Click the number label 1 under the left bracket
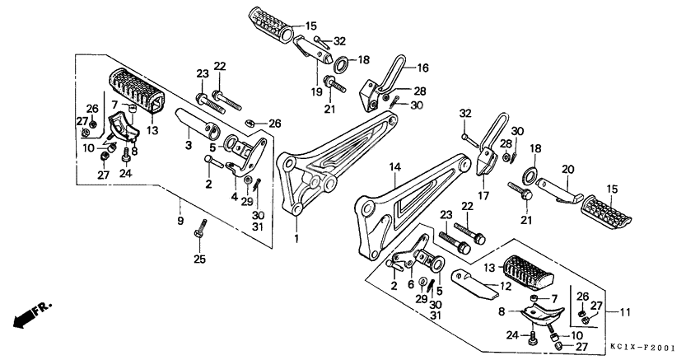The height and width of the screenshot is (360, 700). point(296,239)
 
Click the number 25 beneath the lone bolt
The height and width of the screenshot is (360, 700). point(198,260)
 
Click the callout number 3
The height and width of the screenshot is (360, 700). point(188,145)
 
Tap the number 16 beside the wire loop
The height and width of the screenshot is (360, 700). point(422,68)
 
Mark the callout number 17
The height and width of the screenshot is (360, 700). point(483,196)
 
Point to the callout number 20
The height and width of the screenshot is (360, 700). point(567,170)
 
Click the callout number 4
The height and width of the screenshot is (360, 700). point(234,197)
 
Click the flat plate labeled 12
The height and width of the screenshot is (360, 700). point(476,284)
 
